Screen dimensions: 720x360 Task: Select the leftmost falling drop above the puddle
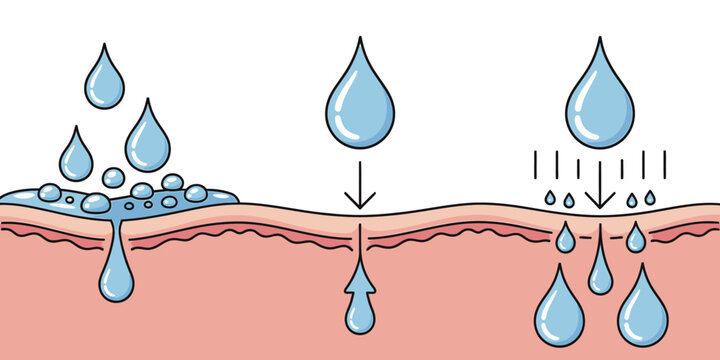point(76,157)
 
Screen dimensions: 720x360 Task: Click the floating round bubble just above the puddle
point(114,178)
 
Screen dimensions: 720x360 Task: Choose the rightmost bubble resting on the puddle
point(196,193)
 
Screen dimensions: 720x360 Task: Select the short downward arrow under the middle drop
point(360,190)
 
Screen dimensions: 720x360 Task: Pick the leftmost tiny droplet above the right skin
point(550,200)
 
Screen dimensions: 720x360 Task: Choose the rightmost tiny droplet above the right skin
point(650,199)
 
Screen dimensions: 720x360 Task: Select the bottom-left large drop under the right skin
point(559,311)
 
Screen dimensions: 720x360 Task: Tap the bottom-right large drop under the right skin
point(642,311)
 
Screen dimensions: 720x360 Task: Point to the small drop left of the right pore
point(566,238)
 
